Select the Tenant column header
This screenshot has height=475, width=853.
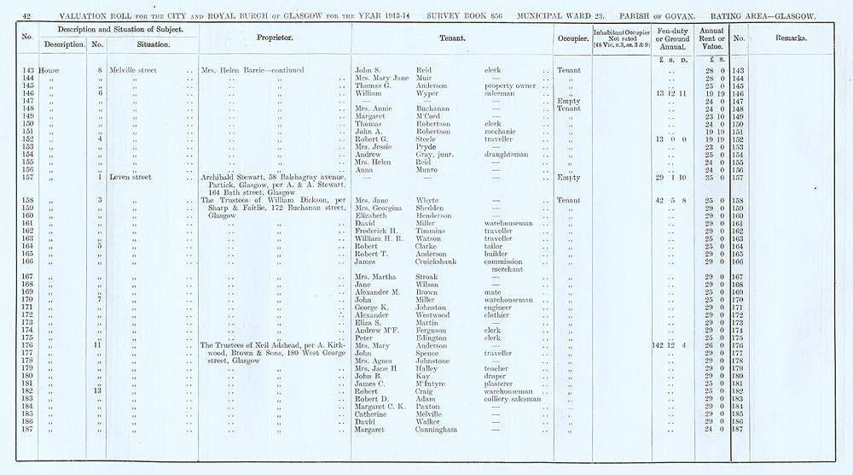click(x=451, y=38)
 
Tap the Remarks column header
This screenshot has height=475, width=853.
click(x=792, y=38)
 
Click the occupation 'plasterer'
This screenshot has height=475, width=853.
click(x=502, y=384)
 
